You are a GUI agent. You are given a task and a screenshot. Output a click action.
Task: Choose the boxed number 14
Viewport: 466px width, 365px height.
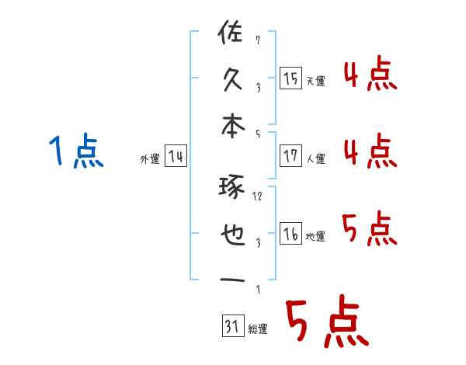click(176, 157)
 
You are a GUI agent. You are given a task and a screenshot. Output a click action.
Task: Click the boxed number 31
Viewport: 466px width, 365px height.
click(231, 326)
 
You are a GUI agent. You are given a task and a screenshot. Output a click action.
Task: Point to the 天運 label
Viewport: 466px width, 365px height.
click(315, 81)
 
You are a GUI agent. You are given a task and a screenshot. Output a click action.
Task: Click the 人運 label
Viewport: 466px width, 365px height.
click(315, 158)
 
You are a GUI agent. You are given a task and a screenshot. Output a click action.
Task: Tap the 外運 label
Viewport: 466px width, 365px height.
click(149, 159)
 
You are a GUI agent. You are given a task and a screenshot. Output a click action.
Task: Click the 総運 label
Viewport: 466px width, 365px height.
click(257, 328)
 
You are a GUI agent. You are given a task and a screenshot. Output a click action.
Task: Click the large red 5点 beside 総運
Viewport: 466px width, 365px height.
click(325, 324)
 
